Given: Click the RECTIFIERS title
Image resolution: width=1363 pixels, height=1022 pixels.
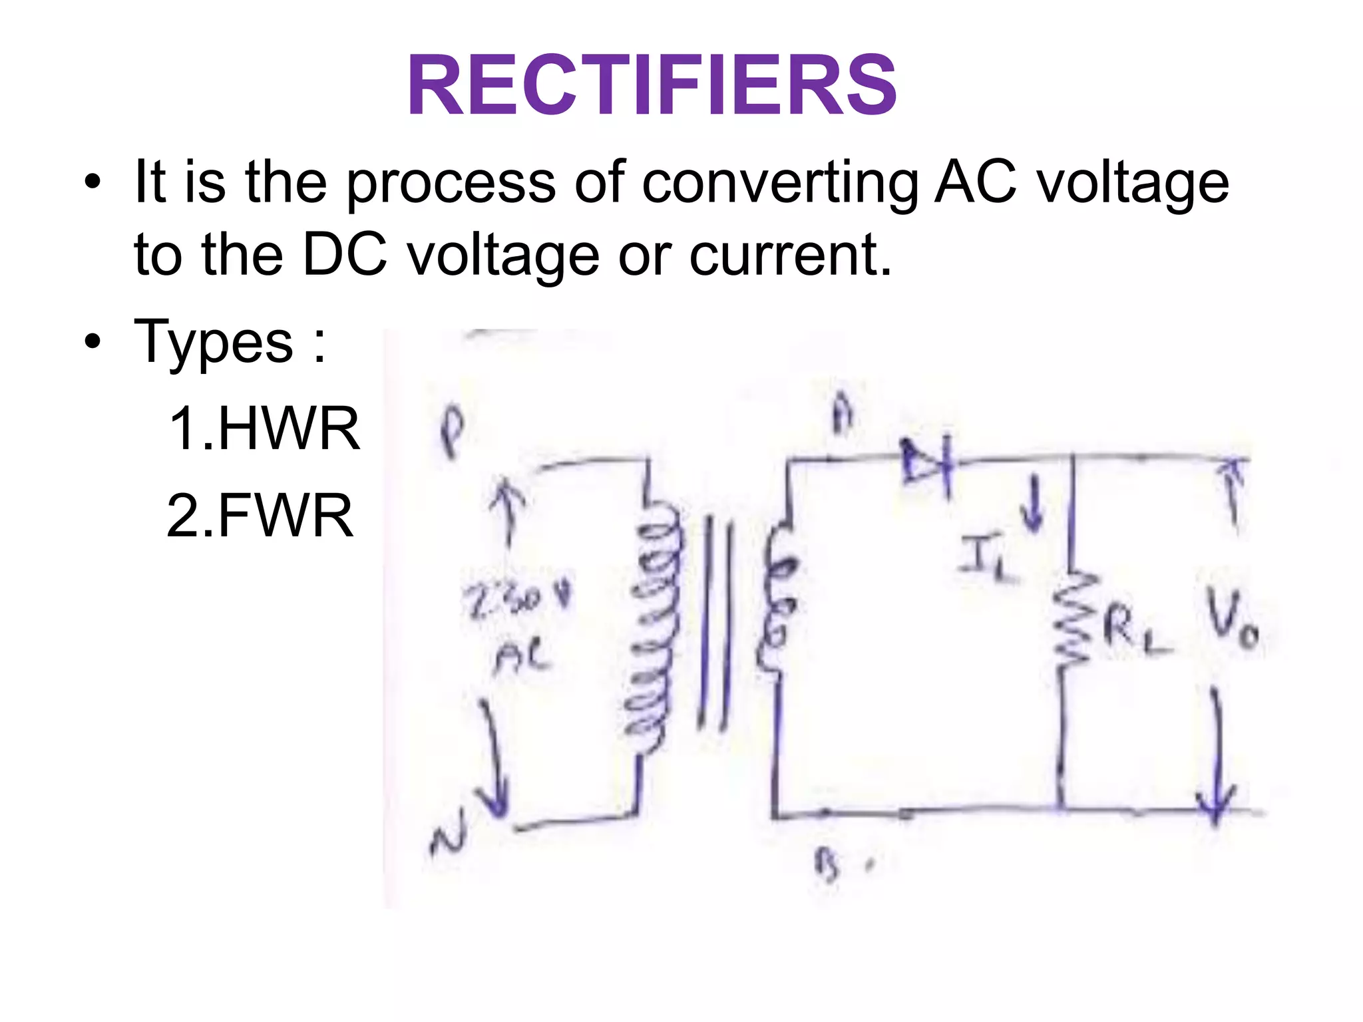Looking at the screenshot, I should (x=652, y=86).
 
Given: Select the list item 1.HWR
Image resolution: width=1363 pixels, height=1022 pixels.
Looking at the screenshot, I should (x=264, y=429).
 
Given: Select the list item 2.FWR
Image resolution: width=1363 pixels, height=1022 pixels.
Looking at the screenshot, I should (x=260, y=516).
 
